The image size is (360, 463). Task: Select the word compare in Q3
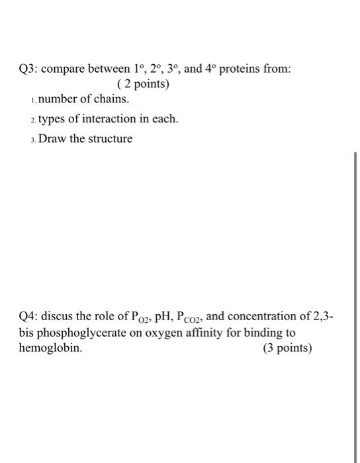[68, 69]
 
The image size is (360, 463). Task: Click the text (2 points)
[142, 84]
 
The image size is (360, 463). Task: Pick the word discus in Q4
[65, 317]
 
